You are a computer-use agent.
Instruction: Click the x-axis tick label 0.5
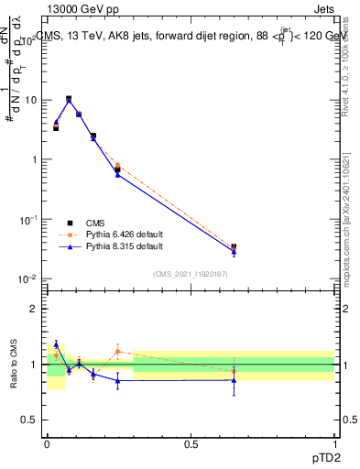click(191, 443)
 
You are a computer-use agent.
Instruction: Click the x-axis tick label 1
click(334, 443)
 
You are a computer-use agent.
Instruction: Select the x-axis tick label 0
click(48, 443)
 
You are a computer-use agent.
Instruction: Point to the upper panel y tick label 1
click(35, 159)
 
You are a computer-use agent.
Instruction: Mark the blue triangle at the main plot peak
click(69, 99)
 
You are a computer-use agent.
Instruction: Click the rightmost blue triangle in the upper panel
click(234, 252)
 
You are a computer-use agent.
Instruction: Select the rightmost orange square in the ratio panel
click(234, 371)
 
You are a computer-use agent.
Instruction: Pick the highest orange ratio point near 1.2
click(117, 350)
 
